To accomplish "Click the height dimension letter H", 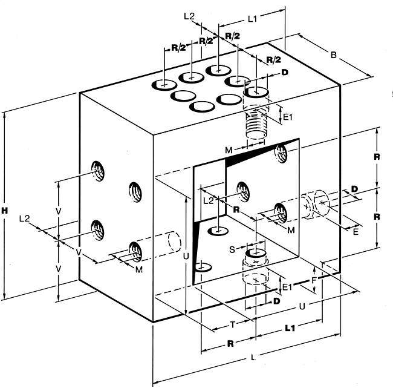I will (x=5, y=210).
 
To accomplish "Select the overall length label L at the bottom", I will (x=253, y=358).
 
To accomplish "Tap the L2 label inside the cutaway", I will (x=208, y=199).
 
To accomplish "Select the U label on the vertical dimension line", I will (x=185, y=257).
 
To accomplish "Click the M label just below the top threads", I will (x=228, y=149).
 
